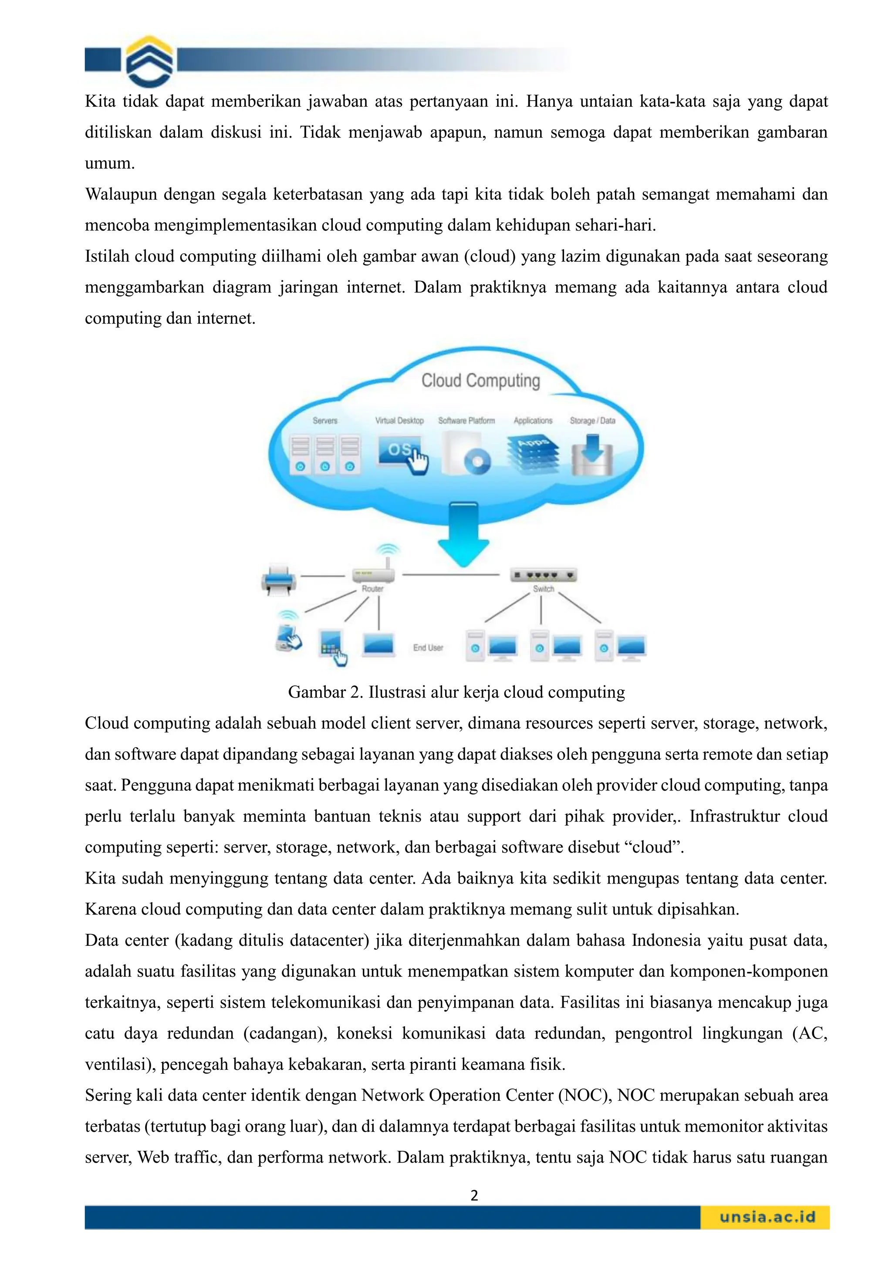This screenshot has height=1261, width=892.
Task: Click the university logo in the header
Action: (x=149, y=61)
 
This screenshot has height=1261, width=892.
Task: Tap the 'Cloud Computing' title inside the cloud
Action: (x=480, y=381)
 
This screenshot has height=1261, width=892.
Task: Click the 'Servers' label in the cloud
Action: (x=325, y=421)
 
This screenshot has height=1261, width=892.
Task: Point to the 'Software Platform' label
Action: (x=466, y=421)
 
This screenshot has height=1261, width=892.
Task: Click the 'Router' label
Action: (x=372, y=589)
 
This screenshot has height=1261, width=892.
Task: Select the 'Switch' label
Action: (x=543, y=589)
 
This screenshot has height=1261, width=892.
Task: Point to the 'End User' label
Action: (x=428, y=647)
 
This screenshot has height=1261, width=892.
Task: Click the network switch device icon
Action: (x=543, y=575)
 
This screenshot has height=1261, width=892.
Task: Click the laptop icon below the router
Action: (x=378, y=645)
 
